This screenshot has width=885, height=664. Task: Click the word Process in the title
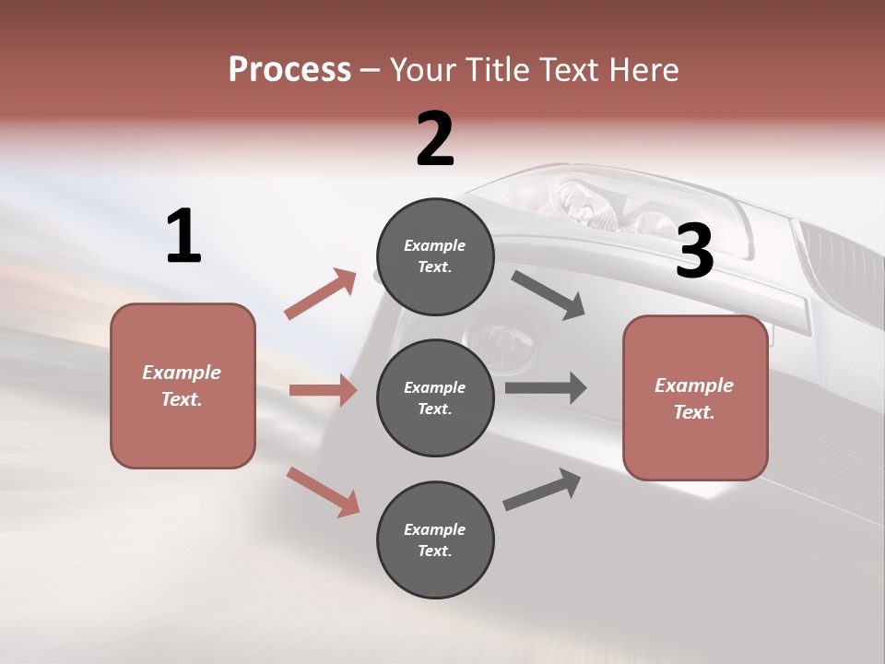pos(289,70)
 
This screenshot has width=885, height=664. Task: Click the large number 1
pos(183,237)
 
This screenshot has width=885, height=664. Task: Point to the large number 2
pos(435,139)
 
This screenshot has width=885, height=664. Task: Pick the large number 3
pos(694,252)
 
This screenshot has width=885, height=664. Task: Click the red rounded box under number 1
pos(183,385)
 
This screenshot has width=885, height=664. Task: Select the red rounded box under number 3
pos(695,398)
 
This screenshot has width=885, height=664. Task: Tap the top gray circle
pos(435,256)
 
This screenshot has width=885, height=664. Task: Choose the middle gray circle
pos(435,397)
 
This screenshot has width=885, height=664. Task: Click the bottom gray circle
pos(435,539)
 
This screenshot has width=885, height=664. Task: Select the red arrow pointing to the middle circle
pos(323,390)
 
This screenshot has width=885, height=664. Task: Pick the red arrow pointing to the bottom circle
pos(323,492)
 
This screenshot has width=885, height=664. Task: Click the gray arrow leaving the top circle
pos(549,295)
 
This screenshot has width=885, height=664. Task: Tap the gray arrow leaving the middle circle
pos(546,388)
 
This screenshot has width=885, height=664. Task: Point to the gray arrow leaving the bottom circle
pos(542,490)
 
